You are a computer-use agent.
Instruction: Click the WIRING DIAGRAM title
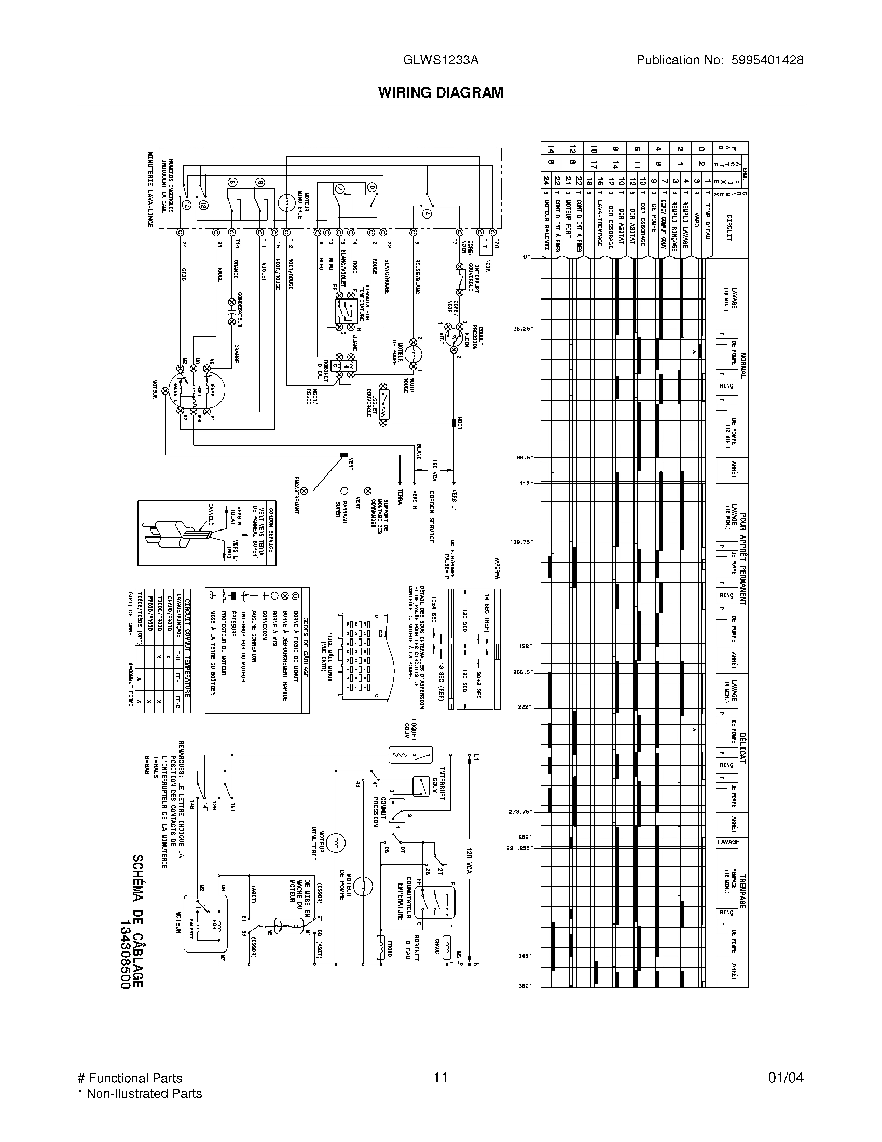tap(440, 92)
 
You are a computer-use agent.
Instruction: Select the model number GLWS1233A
tap(440, 60)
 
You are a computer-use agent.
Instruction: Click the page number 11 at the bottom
tap(440, 1078)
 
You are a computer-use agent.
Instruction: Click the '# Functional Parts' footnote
tap(130, 1078)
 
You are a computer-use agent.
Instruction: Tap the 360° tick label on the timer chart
tap(525, 986)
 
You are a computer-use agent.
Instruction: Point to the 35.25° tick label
tap(522, 329)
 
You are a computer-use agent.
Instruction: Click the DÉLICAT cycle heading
tap(742, 748)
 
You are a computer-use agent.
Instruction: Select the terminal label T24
tap(184, 243)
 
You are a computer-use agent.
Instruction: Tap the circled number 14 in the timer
tap(187, 206)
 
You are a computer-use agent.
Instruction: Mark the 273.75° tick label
tap(520, 812)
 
